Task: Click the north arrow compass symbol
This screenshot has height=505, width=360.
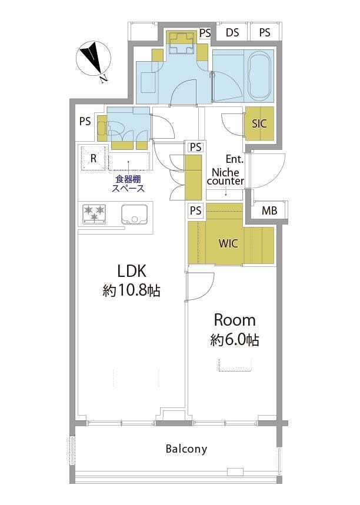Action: (x=94, y=59)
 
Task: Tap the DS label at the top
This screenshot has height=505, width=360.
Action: (x=232, y=32)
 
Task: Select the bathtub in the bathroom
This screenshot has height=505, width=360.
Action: (x=259, y=76)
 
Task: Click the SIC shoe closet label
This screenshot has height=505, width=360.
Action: (x=259, y=123)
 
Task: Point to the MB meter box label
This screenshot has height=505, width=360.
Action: (x=269, y=211)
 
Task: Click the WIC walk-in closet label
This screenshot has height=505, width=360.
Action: (x=228, y=243)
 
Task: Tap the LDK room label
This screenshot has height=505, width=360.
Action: (x=132, y=271)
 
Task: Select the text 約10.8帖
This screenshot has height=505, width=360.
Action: (x=131, y=291)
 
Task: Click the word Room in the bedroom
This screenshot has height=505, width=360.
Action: (x=235, y=320)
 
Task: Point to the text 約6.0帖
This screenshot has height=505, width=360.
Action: (x=235, y=340)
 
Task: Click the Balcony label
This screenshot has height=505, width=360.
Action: (x=186, y=449)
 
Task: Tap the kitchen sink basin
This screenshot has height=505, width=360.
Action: (x=134, y=215)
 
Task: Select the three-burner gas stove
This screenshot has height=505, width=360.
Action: (x=95, y=214)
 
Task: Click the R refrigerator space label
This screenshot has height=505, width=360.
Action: (x=94, y=158)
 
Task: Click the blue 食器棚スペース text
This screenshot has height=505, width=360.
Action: (x=128, y=184)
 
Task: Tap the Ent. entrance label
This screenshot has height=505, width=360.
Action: (x=235, y=159)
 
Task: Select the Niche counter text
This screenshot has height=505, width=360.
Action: (x=226, y=176)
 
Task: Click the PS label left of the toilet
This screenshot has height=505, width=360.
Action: (x=85, y=122)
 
